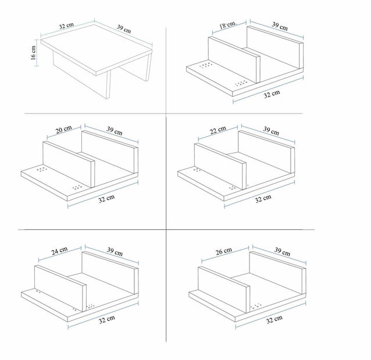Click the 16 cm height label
[x=33, y=53]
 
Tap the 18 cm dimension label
[x=227, y=25]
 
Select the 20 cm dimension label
[x=63, y=130]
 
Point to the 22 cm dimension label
[x=218, y=130]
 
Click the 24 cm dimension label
[x=59, y=251]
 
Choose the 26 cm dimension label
[x=224, y=251]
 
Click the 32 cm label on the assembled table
[x=66, y=26]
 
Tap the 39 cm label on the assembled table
[x=124, y=29]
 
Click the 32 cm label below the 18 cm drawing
[x=272, y=94]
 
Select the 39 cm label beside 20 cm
[x=115, y=131]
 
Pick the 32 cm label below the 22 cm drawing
[x=263, y=199]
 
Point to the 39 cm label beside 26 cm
[x=282, y=252]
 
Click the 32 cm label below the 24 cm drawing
[x=107, y=319]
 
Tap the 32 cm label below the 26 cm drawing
[x=274, y=319]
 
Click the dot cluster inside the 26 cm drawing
[x=255, y=306]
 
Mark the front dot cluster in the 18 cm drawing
[x=241, y=83]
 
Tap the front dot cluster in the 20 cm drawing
[x=77, y=187]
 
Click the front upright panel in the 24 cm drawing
[x=60, y=288]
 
